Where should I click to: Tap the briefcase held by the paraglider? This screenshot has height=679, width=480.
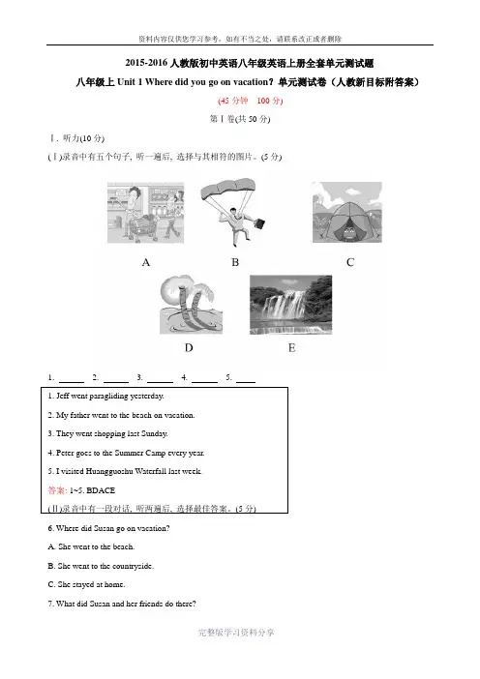click(x=258, y=223)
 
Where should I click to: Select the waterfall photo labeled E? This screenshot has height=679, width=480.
click(x=290, y=305)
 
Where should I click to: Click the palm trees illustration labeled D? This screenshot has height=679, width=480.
click(x=191, y=305)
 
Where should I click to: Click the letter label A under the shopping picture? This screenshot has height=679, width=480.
click(x=146, y=262)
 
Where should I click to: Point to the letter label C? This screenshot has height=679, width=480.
click(x=350, y=262)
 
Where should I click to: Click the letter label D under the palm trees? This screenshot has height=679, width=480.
click(x=189, y=348)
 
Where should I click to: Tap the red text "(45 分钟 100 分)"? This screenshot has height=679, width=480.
click(x=250, y=101)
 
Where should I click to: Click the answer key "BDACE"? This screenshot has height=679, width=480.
click(x=101, y=490)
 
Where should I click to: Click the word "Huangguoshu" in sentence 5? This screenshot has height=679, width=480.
click(x=109, y=472)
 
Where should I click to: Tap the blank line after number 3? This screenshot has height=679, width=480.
click(x=160, y=382)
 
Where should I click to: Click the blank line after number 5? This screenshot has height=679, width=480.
click(x=246, y=382)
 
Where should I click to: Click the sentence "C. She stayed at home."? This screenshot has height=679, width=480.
click(x=87, y=584)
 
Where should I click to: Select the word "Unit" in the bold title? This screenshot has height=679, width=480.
click(x=126, y=82)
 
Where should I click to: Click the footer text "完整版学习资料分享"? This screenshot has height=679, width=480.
click(x=236, y=633)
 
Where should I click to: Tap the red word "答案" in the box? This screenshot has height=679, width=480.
click(x=57, y=490)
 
